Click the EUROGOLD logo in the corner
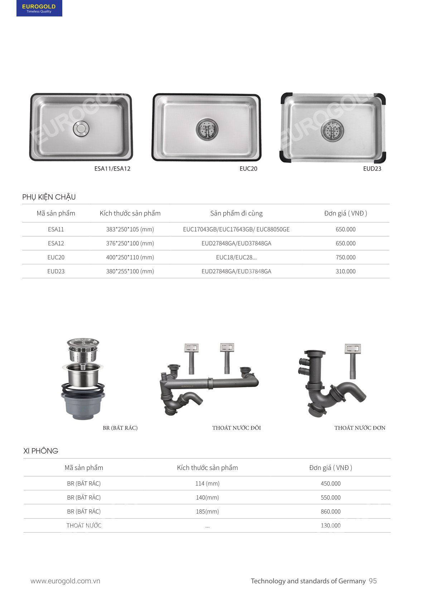pyautogui.click(x=39, y=8)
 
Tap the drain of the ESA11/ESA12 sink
pyautogui.click(x=81, y=128)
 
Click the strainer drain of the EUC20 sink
pyautogui.click(x=207, y=129)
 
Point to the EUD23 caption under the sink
pyautogui.click(x=372, y=168)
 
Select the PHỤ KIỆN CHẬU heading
pyautogui.click(x=49, y=197)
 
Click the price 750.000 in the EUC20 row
pyautogui.click(x=345, y=257)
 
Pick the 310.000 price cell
pyautogui.click(x=345, y=271)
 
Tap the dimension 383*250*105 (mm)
pyautogui.click(x=130, y=229)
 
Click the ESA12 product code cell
pyautogui.click(x=56, y=243)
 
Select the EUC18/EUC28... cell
pyautogui.click(x=236, y=257)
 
